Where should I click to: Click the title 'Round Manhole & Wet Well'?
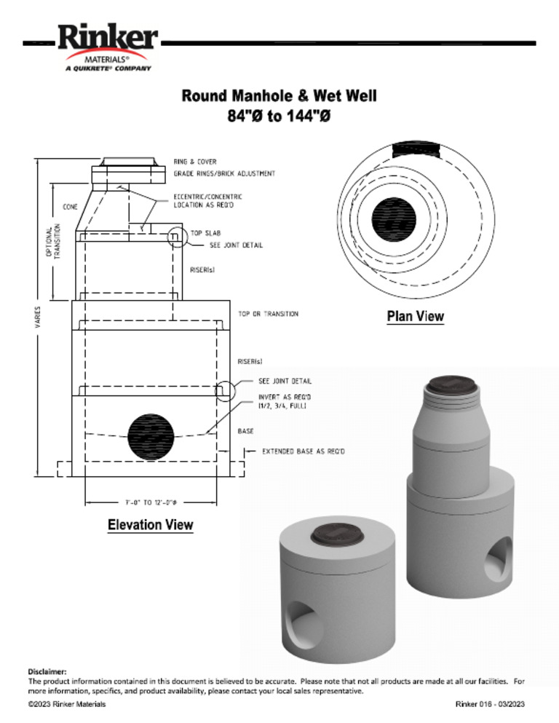(x=279, y=95)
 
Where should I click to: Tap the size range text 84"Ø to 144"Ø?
(x=279, y=116)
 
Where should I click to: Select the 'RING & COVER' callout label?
(x=194, y=162)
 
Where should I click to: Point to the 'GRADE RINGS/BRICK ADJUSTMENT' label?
(x=224, y=173)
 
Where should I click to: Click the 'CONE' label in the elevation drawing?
(x=71, y=207)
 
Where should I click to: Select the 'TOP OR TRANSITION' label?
(x=268, y=314)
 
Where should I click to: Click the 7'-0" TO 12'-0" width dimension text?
(x=151, y=502)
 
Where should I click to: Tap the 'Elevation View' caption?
(x=151, y=524)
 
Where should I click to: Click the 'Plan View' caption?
(x=415, y=317)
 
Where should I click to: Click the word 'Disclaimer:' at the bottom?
(x=47, y=671)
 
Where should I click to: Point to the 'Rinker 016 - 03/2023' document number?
(x=490, y=704)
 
